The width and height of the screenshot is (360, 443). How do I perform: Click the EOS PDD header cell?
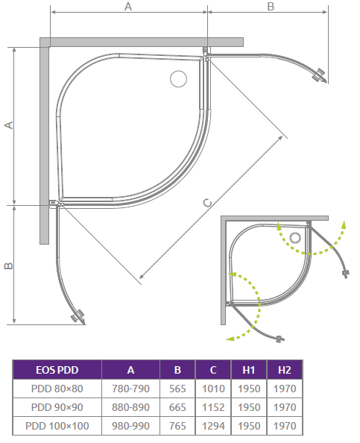[57, 370]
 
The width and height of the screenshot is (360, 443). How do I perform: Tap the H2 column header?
[284, 370]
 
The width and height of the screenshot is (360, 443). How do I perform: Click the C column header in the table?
[213, 370]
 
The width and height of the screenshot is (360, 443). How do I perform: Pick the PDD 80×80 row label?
[57, 389]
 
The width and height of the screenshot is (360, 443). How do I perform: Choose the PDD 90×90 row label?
[57, 407]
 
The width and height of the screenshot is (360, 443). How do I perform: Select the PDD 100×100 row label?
[57, 426]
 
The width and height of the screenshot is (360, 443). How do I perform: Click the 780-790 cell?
[130, 389]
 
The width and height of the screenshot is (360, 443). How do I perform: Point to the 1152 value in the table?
[213, 407]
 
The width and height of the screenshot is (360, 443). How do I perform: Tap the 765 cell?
[177, 426]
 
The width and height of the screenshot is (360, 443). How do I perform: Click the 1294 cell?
[213, 426]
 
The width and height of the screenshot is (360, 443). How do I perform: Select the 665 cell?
[177, 407]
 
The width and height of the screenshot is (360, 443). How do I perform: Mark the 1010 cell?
[213, 389]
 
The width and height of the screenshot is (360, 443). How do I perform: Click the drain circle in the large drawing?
[180, 78]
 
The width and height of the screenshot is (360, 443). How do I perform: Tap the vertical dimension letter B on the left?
[8, 266]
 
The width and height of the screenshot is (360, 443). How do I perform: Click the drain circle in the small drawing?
[295, 239]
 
